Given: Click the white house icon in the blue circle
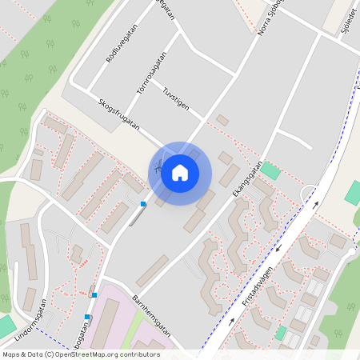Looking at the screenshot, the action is (x=180, y=173).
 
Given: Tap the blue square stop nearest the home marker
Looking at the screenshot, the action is (x=143, y=204).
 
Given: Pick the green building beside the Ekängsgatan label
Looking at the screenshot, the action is (x=270, y=170).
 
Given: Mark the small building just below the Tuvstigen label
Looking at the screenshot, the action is (x=222, y=120).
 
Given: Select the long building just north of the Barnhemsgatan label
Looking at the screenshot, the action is (x=152, y=271).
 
